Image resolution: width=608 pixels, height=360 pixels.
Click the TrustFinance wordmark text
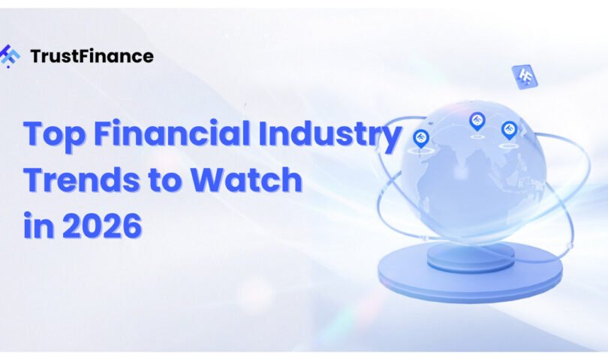(x=92, y=55)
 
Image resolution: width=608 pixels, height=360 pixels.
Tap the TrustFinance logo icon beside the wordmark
(x=9, y=56)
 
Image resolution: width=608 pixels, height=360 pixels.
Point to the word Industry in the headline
(x=330, y=134)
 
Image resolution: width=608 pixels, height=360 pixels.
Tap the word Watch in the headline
(x=247, y=179)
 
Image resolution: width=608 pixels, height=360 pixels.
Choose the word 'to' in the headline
(x=165, y=181)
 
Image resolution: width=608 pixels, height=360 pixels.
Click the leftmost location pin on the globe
(x=420, y=139)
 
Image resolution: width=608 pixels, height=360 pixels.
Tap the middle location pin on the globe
(x=477, y=121)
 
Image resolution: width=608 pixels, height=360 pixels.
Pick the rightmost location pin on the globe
(x=509, y=130)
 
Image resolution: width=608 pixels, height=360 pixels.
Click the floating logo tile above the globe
(x=525, y=76)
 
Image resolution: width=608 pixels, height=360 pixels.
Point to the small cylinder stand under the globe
(x=471, y=258)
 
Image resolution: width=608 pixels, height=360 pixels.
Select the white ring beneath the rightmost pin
(x=507, y=146)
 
